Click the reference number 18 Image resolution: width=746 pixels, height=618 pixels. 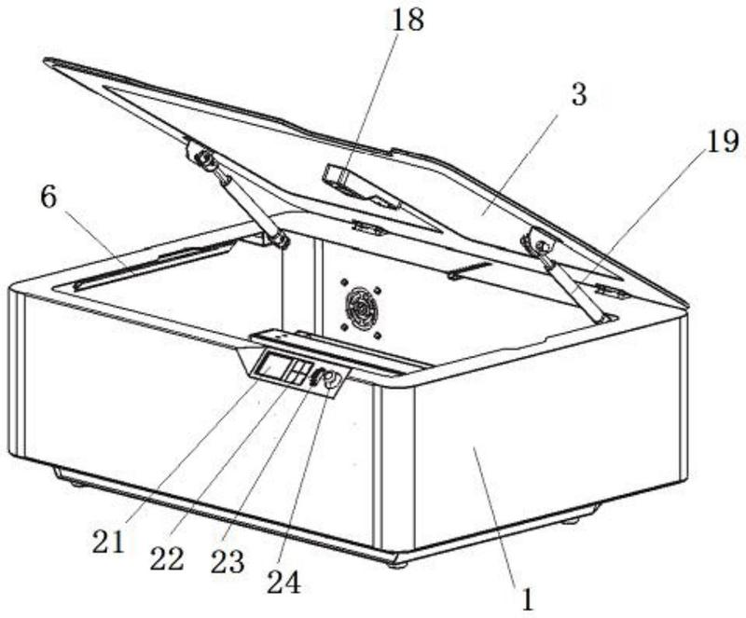pyautogui.click(x=408, y=21)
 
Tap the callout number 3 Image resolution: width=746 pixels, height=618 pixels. pyautogui.click(x=579, y=95)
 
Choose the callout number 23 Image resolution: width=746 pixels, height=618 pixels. pyautogui.click(x=227, y=561)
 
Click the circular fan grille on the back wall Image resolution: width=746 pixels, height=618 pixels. pyautogui.click(x=360, y=306)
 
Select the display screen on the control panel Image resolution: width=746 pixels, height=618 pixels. pyautogui.click(x=273, y=366)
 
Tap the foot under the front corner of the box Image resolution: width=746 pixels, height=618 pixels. pyautogui.click(x=396, y=561)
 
